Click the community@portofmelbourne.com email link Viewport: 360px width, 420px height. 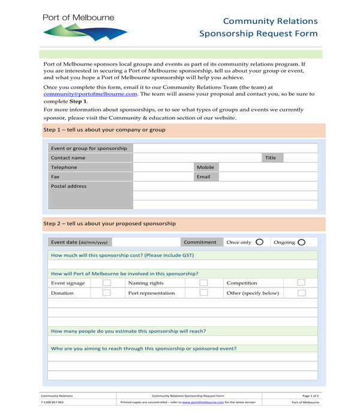(x=90, y=94)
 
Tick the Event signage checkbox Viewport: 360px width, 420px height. (x=106, y=283)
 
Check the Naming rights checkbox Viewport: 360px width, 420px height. (x=203, y=283)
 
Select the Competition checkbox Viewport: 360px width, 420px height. (x=301, y=283)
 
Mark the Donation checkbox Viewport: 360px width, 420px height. (x=106, y=293)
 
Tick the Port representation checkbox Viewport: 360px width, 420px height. (x=203, y=293)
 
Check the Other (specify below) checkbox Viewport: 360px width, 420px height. (x=301, y=293)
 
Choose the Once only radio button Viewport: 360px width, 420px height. (x=259, y=242)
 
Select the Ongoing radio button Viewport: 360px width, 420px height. (x=301, y=242)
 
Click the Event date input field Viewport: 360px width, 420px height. (x=146, y=242)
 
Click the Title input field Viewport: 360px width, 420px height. (x=300, y=158)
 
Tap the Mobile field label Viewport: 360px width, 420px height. (x=205, y=167)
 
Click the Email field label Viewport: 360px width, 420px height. (x=203, y=177)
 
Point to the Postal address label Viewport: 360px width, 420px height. (x=69, y=186)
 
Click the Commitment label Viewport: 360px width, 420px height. (x=200, y=242)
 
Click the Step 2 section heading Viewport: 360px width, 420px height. (x=110, y=224)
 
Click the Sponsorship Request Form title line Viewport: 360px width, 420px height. (x=258, y=34)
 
